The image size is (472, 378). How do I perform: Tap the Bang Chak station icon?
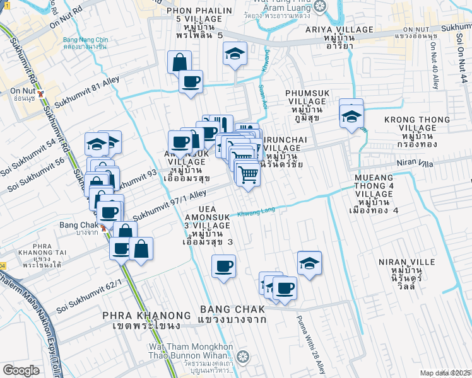(103, 226)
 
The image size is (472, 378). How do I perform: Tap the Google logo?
(21, 370)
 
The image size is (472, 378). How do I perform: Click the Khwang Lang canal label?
(257, 213)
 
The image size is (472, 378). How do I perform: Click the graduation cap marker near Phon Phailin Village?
(235, 55)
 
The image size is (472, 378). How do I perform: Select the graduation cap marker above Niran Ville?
(309, 263)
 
